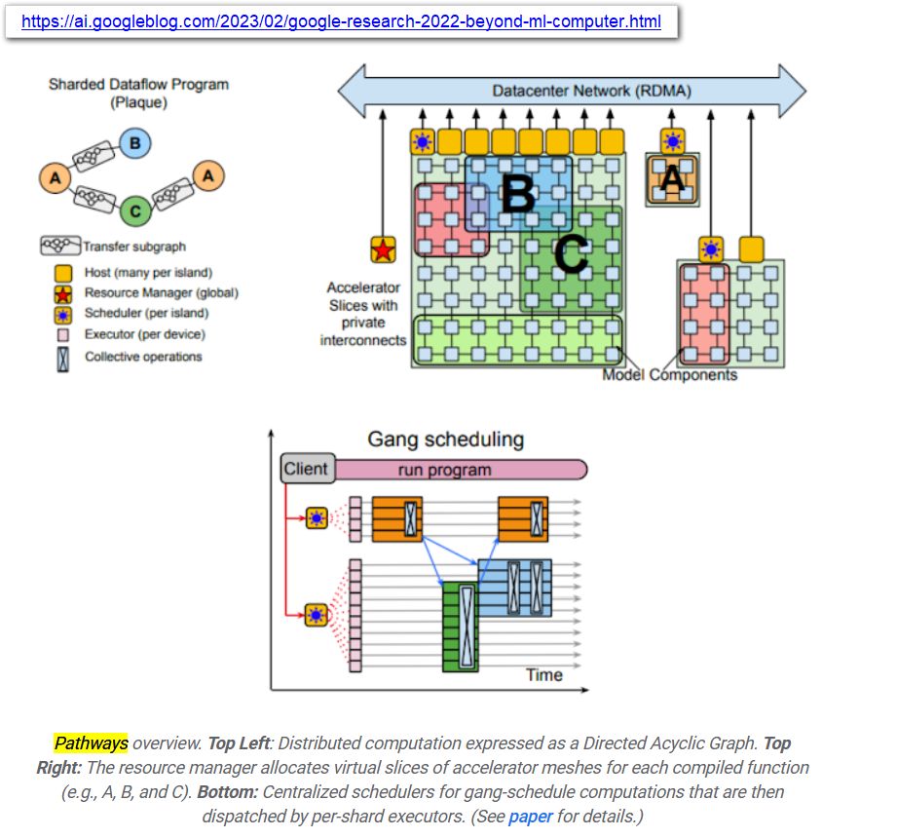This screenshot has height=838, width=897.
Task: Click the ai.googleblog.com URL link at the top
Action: point(341,21)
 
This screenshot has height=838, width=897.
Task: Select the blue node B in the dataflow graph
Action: point(134,144)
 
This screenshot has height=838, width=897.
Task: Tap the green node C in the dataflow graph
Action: point(134,209)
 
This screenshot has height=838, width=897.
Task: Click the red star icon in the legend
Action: point(63,292)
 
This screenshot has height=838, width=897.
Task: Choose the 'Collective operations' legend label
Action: point(143,357)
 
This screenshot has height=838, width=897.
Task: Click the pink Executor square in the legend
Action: point(63,334)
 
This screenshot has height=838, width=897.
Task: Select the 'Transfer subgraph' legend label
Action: point(134,247)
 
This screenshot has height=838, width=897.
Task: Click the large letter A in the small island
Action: point(672,179)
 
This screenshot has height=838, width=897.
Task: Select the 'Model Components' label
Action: point(669,375)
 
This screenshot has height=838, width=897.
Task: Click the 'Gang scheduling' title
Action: point(445,439)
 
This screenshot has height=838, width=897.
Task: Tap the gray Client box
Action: point(306,469)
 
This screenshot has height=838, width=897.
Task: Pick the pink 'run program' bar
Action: point(458,470)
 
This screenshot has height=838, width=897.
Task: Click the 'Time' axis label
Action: point(544,674)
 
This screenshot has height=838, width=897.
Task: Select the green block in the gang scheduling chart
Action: point(460,627)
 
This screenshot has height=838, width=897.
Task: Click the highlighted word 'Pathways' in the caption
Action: point(91,743)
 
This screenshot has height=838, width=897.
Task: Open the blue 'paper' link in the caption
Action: point(530,816)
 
